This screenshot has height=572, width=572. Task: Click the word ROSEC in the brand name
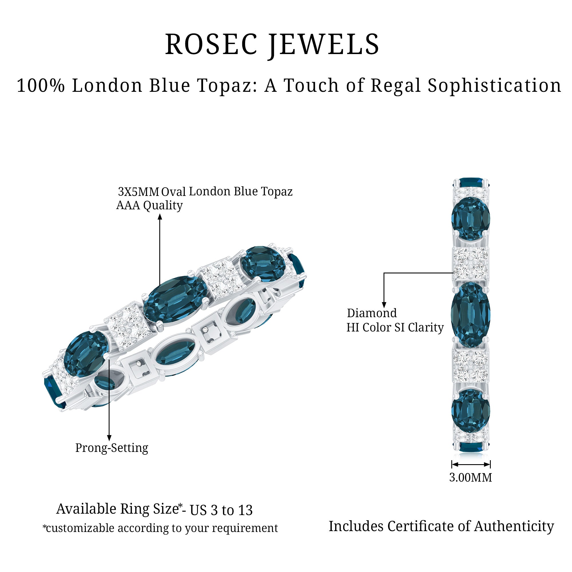coord(211,44)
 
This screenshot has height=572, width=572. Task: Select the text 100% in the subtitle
coord(41,86)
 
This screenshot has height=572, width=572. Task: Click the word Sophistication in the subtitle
coord(494,86)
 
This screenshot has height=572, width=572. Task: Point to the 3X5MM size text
coord(138,192)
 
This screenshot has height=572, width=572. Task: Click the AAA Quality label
coord(150,205)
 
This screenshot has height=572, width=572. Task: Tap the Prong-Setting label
coord(112,448)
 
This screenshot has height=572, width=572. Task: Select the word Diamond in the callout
coord(372,313)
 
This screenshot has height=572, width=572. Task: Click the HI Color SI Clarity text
coord(395,327)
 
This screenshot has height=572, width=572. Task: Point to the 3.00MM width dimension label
coord(470,478)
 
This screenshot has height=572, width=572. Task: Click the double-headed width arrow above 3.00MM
coord(471,464)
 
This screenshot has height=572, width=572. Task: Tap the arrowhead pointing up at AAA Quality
coord(160,217)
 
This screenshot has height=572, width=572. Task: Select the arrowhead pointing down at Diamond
coord(384,305)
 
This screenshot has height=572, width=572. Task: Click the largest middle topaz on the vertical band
coord(470,315)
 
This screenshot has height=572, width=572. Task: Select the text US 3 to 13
coord(221,510)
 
